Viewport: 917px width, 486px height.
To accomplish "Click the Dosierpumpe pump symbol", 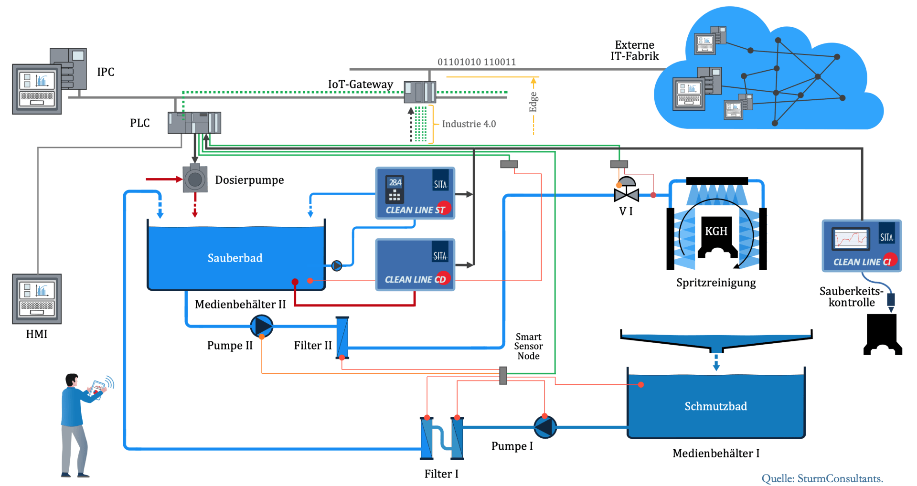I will (x=195, y=179).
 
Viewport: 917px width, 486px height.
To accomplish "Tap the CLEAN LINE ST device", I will (x=415, y=193).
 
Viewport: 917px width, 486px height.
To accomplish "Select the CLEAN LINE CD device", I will (x=415, y=264).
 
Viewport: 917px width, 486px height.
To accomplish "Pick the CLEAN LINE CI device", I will (x=861, y=245).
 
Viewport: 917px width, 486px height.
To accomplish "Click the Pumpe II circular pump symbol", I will (x=262, y=326).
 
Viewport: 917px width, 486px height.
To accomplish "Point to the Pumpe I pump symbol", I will (x=545, y=427).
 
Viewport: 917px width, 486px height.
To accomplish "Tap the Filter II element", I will (x=342, y=338).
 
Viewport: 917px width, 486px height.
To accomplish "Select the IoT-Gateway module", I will (x=420, y=92).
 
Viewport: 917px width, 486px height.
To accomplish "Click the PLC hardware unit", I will (x=194, y=123).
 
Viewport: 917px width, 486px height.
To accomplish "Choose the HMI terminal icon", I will (x=37, y=299).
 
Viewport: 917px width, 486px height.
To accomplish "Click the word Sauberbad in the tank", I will (x=235, y=258).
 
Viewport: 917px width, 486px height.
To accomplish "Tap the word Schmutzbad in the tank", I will (x=715, y=406).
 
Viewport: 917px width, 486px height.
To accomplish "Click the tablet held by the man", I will (x=97, y=389).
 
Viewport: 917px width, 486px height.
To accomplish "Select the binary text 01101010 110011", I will (x=476, y=62).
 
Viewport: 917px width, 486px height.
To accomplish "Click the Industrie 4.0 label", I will (x=469, y=124).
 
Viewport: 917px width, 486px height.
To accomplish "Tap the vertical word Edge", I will (x=533, y=102).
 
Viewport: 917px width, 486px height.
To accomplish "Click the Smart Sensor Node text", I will (x=528, y=346).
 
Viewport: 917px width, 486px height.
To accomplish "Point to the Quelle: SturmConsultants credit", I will (x=822, y=478).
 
